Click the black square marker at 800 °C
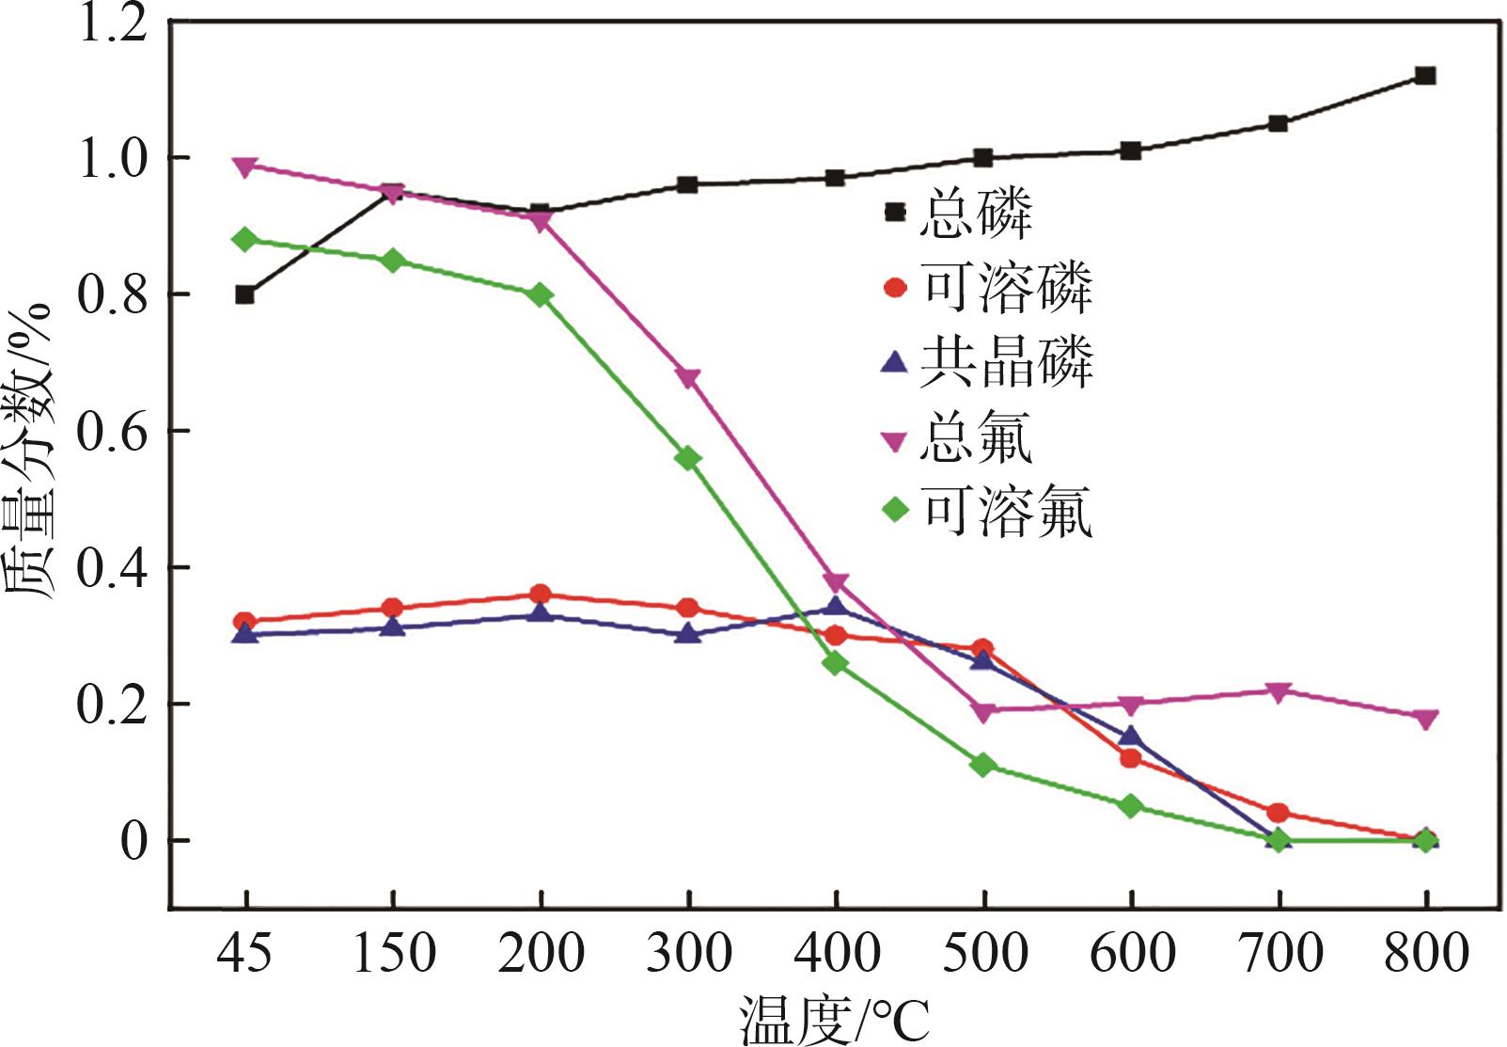tap(1425, 76)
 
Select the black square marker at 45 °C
tap(245, 294)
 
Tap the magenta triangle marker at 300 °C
tap(688, 378)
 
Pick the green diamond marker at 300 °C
tap(688, 458)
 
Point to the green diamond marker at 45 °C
tap(245, 239)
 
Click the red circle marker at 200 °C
tap(541, 594)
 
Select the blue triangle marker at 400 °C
tap(836, 605)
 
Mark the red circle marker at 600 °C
tap(1131, 757)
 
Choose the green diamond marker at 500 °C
tap(983, 765)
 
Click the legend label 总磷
tap(976, 213)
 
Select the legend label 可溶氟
tap(1006, 512)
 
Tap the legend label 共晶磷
tap(1006, 362)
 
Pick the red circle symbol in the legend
tap(895, 287)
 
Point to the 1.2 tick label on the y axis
tap(113, 23)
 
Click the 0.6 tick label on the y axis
tap(113, 432)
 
